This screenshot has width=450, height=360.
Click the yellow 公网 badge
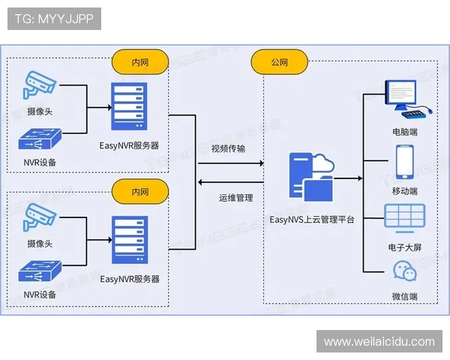279,61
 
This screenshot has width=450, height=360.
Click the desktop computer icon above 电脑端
406,100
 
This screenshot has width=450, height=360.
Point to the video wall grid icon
405,217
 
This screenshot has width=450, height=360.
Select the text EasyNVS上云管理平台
312,220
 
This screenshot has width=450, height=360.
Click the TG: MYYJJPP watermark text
53,19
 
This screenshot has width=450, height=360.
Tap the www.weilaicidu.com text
379,342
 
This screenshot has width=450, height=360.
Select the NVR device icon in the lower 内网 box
40,272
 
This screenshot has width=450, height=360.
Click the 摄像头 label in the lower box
40,243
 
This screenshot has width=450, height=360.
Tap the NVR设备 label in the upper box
40,162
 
